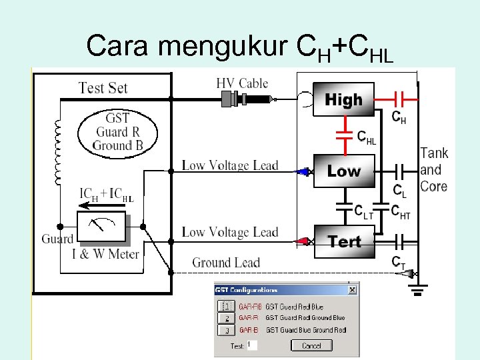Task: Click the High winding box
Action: click(343, 100)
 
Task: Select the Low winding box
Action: click(343, 171)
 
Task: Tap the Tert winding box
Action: click(343, 241)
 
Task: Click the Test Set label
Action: click(103, 87)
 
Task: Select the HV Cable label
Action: click(242, 83)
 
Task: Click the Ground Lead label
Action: click(226, 263)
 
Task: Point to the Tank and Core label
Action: click(434, 169)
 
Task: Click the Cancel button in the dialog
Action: click(311, 345)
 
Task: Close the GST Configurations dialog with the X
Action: click(352, 290)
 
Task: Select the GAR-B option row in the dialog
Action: click(293, 330)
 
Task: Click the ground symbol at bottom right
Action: click(419, 288)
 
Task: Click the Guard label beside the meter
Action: click(57, 239)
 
